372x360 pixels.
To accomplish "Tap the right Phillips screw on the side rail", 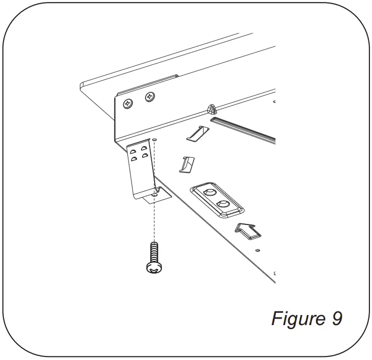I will [x=150, y=96].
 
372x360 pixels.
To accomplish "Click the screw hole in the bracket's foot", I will [x=155, y=193].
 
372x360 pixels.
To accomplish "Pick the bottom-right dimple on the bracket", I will [x=145, y=156].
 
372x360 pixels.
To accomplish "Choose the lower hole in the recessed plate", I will [x=222, y=205].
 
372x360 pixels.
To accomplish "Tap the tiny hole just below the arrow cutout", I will [x=257, y=250].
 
